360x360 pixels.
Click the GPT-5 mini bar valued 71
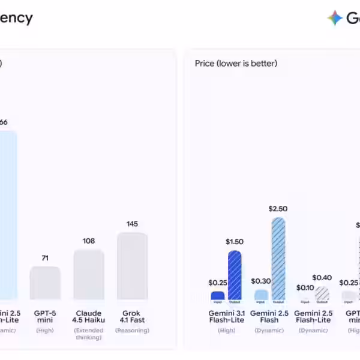point(45,283)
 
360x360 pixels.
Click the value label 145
point(132,224)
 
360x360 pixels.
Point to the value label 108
point(89,241)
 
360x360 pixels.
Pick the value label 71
point(45,258)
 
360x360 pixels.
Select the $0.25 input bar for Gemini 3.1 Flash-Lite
point(218,296)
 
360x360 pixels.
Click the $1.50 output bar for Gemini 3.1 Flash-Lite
point(235,275)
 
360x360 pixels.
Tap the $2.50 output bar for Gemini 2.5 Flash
point(278,259)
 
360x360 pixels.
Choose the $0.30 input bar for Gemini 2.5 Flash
point(261,295)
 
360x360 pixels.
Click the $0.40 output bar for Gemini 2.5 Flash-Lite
point(322,293)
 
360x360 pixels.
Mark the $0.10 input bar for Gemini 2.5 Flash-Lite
point(305,297)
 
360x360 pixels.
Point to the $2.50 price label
point(278,209)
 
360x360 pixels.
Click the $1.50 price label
point(235,242)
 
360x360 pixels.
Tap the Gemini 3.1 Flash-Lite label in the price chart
point(226,316)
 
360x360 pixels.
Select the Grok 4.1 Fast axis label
point(132,316)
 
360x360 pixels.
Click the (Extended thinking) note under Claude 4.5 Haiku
point(89,334)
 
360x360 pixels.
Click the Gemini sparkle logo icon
point(335,18)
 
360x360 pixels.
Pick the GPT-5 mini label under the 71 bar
point(45,316)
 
